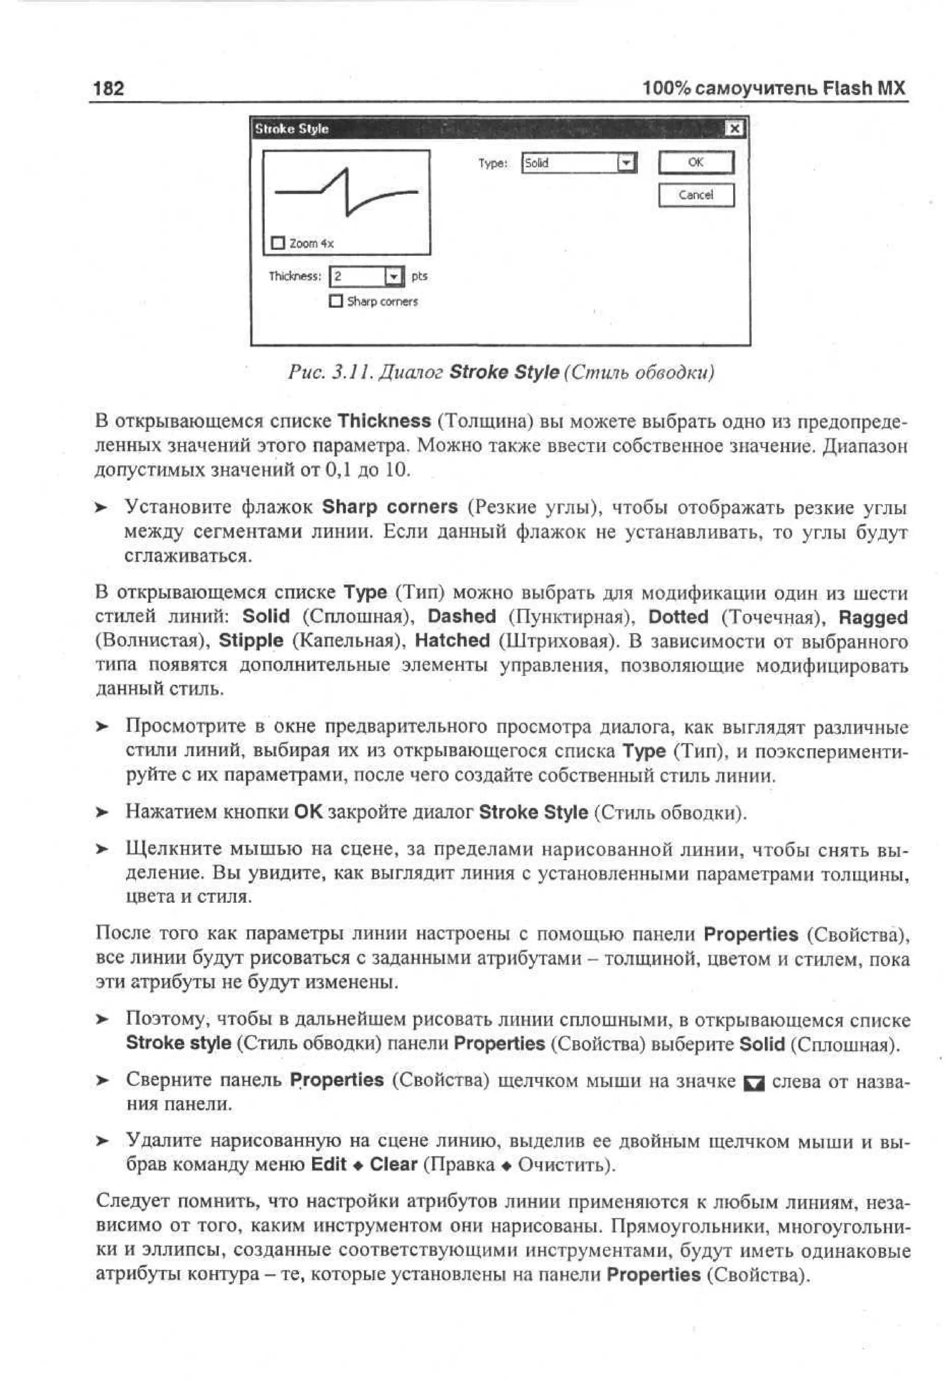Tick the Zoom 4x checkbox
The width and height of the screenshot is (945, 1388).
(278, 243)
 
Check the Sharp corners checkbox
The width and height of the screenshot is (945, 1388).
(336, 301)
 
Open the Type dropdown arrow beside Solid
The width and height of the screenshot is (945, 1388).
(626, 163)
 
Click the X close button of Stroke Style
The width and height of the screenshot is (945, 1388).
(734, 128)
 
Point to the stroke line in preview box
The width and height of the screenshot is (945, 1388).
(346, 191)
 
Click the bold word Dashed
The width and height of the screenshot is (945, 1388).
(461, 616)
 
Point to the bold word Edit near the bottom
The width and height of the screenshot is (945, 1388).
(329, 1164)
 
